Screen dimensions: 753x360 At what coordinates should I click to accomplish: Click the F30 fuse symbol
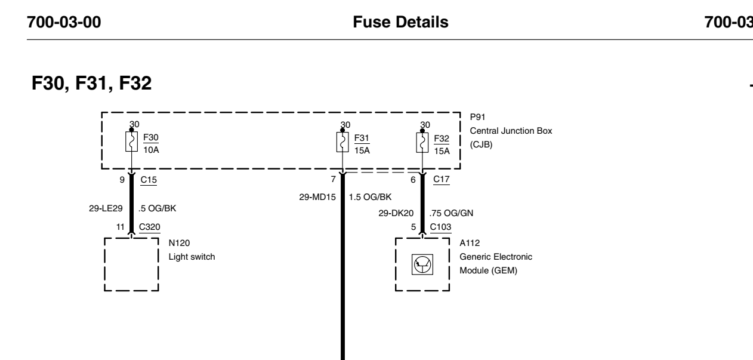[131, 141]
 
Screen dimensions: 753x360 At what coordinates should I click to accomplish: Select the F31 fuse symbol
[342, 142]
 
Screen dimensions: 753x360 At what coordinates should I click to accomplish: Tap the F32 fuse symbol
[422, 143]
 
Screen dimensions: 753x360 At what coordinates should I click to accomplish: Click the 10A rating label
[151, 150]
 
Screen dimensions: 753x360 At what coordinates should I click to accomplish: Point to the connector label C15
[149, 180]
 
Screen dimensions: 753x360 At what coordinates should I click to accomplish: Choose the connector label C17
[442, 179]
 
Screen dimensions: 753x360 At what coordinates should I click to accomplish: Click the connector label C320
[150, 227]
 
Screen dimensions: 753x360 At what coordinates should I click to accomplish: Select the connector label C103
[440, 227]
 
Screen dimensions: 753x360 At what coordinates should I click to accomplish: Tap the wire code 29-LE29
[106, 208]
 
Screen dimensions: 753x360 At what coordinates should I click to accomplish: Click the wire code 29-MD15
[317, 197]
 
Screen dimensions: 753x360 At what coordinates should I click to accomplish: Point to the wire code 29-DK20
[396, 213]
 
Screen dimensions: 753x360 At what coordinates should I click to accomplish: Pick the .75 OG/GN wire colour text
[451, 213]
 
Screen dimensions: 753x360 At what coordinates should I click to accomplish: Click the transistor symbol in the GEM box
[422, 264]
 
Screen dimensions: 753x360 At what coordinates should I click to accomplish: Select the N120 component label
[179, 243]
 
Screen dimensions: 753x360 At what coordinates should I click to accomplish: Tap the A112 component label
[470, 243]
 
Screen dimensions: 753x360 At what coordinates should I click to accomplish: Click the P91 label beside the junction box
[477, 117]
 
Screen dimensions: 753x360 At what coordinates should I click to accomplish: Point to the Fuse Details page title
[400, 22]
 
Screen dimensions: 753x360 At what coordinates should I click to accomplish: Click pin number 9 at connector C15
[122, 180]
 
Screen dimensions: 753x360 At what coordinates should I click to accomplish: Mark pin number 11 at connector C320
[121, 227]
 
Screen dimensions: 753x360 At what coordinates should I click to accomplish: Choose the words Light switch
[192, 257]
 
